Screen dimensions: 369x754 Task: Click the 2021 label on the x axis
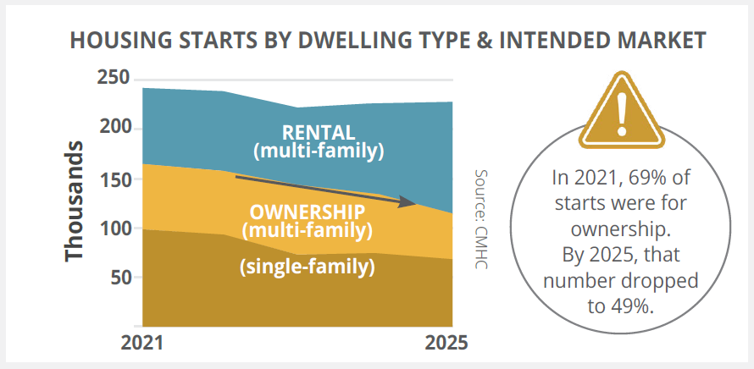[x=143, y=344]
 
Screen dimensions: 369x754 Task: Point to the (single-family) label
[x=307, y=267]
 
